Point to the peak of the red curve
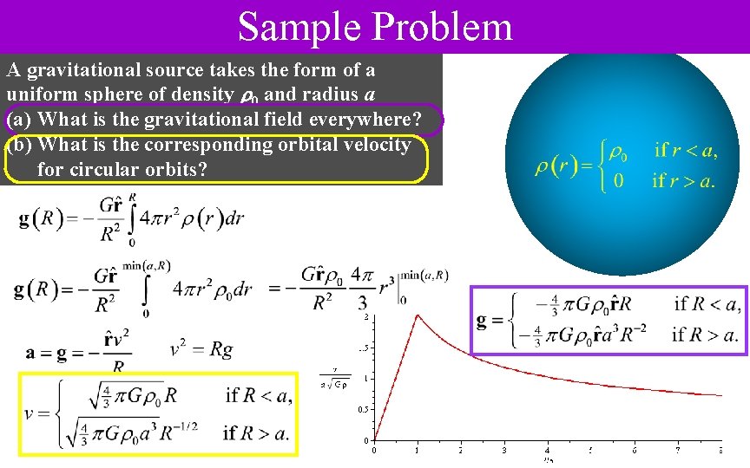(x=418, y=315)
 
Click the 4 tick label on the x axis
(x=547, y=450)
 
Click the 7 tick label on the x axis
(x=677, y=450)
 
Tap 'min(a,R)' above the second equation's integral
(x=147, y=265)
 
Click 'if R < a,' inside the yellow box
(x=258, y=396)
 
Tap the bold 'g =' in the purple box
(x=490, y=321)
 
